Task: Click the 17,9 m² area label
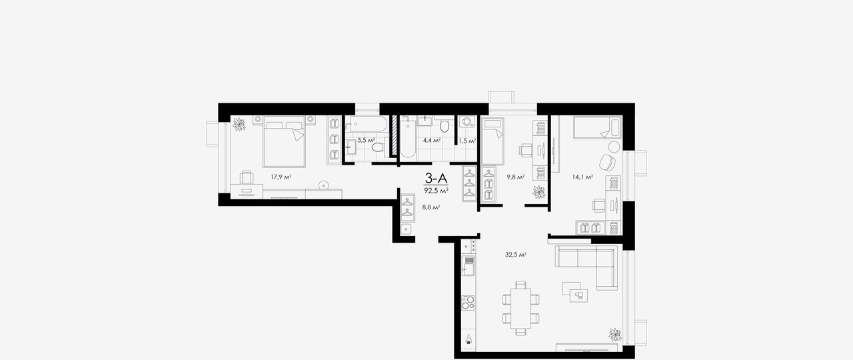(281, 177)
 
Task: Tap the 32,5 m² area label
(516, 255)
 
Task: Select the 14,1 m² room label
(582, 177)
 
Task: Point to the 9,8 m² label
(515, 177)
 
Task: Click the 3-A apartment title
(436, 178)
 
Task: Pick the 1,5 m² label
(467, 141)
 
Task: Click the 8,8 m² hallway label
(431, 207)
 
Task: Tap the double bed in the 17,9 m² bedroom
(284, 141)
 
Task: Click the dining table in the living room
(520, 309)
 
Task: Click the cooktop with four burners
(468, 303)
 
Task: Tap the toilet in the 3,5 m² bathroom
(378, 147)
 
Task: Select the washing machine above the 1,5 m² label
(466, 122)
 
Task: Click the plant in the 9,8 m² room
(539, 192)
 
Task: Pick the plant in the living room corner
(614, 335)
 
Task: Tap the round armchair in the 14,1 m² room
(607, 162)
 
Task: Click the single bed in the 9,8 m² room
(492, 141)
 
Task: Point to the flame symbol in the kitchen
(468, 339)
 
